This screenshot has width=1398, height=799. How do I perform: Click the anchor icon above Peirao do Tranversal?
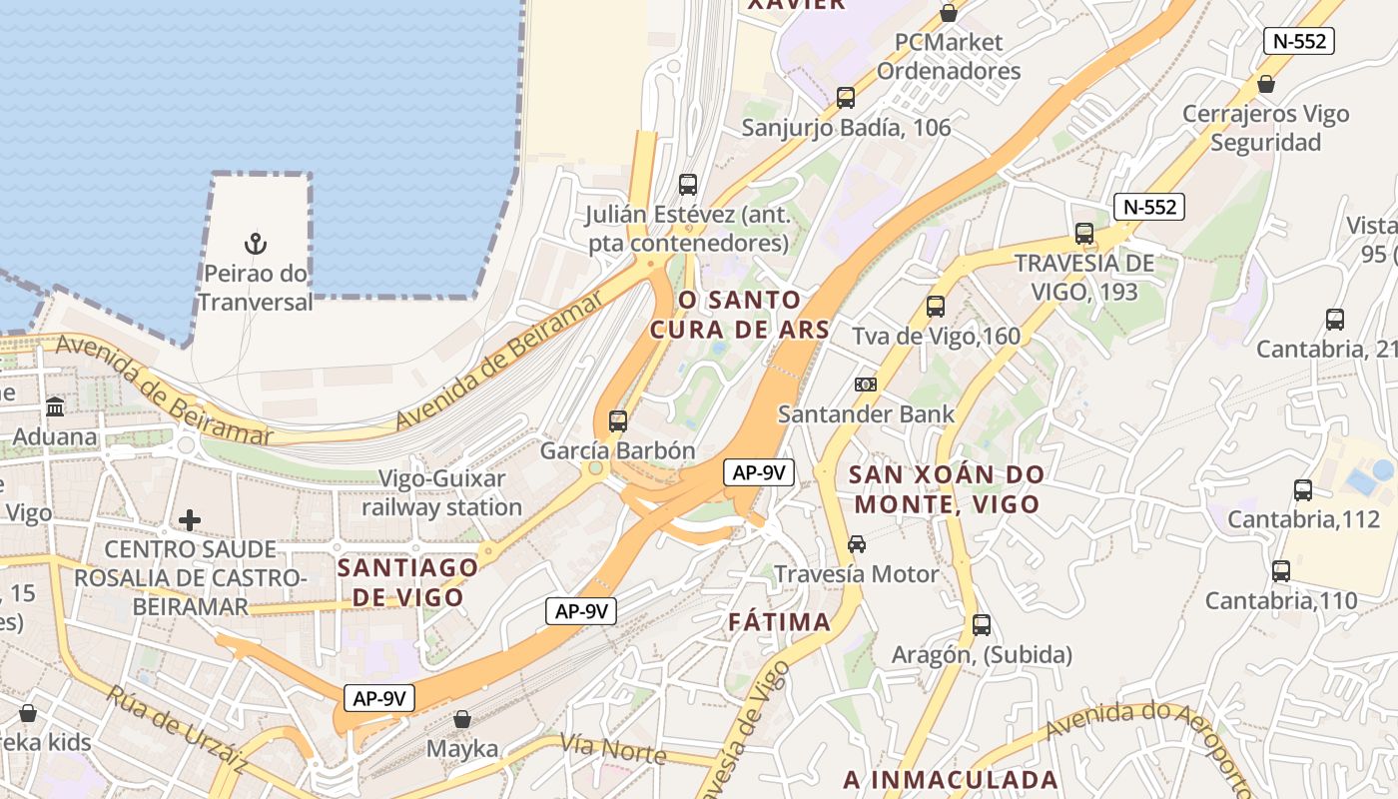256,244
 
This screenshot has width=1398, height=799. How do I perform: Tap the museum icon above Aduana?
55,407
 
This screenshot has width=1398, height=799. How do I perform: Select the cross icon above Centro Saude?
190,520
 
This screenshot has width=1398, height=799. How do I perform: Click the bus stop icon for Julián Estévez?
687,185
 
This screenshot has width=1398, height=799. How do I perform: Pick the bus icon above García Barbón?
618,421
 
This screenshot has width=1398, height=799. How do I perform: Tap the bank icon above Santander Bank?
866,385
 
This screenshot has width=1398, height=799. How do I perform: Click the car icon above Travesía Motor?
856,544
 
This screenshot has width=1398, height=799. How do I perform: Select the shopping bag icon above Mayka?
461,719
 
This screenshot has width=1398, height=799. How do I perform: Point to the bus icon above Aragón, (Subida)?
982,625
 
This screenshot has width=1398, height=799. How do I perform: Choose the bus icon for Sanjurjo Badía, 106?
846,98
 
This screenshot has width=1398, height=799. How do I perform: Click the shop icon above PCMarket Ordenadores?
949,14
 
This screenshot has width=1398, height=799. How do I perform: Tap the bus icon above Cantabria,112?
1302,490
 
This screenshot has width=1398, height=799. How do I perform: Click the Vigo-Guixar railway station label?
441,493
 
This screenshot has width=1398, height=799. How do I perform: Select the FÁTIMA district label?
779,622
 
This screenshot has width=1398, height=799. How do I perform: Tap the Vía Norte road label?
613,748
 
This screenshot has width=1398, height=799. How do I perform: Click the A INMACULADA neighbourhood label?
951,779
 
